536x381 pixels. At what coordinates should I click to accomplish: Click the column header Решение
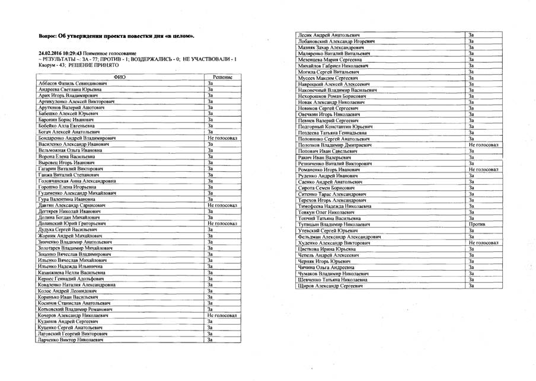pos(220,78)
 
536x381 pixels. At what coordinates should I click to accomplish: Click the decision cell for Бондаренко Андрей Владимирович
pos(222,137)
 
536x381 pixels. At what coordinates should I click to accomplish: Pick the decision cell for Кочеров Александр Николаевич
pos(222,315)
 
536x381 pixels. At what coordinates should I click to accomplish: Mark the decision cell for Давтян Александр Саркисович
pos(222,205)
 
